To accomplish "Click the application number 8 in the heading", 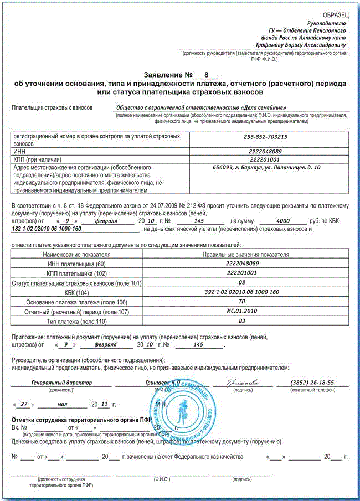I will (207, 74).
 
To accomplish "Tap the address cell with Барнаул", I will (268, 166).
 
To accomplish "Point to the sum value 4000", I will (283, 221).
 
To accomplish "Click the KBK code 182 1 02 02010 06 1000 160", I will (46, 228).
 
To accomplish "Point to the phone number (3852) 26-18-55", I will (312, 383).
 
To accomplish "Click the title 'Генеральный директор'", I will (61, 383).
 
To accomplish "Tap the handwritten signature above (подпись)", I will (242, 382).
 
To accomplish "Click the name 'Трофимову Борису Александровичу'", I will (301, 44).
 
